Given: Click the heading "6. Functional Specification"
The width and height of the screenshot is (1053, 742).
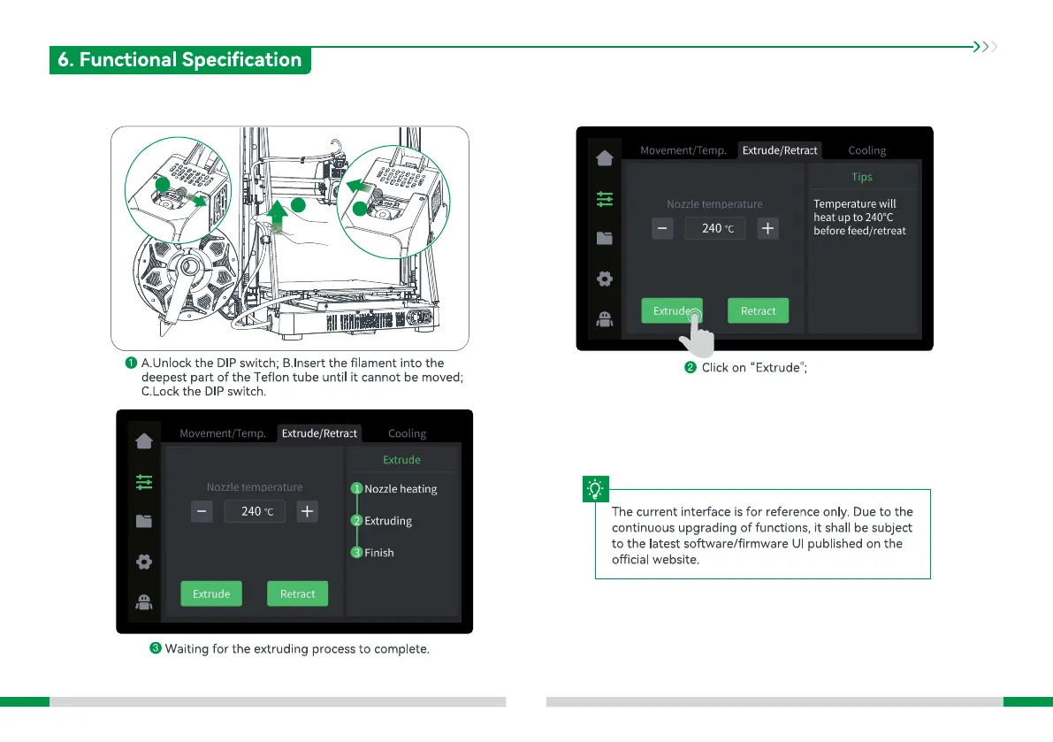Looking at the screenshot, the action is tap(179, 60).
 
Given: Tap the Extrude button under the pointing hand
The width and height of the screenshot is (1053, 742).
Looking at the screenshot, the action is tap(672, 310).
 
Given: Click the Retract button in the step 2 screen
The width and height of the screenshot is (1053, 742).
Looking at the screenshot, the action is tap(758, 310).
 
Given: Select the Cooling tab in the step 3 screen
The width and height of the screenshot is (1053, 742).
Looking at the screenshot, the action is tap(407, 433).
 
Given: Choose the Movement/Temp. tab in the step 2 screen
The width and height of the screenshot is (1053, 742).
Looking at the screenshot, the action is tap(683, 150).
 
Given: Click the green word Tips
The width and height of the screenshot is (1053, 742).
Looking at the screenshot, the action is tap(861, 177).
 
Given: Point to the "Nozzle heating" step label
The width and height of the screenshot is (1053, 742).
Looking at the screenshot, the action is tap(400, 489).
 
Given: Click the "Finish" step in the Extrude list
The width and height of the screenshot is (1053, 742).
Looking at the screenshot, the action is tap(378, 553).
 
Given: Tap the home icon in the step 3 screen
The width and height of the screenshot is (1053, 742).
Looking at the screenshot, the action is tap(144, 441).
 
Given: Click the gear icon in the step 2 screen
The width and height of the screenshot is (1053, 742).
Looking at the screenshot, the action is tap(605, 279).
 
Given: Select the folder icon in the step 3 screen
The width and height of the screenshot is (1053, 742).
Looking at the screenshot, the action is tap(144, 521).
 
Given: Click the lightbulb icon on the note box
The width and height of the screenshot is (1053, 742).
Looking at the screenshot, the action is tap(596, 489).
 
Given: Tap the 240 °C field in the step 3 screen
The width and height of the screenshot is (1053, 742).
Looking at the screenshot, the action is tap(255, 511).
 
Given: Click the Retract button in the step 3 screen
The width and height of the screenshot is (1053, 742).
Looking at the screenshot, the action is tap(297, 593).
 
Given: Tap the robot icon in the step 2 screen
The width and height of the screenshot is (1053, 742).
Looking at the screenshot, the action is tap(605, 320).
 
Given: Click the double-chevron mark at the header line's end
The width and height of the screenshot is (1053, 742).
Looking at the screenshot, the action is tap(984, 47).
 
